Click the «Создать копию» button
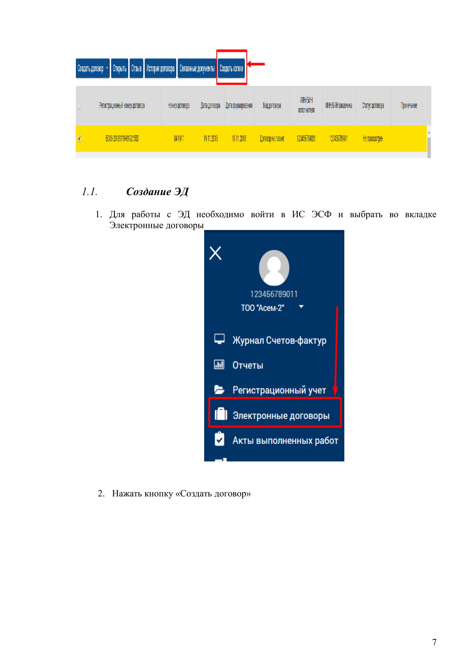click(x=231, y=68)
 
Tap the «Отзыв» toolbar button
click(x=136, y=68)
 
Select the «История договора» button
click(x=160, y=68)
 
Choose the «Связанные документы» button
click(x=197, y=68)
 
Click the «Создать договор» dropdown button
click(x=92, y=68)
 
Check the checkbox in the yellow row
click(x=79, y=138)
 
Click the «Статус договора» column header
click(x=373, y=105)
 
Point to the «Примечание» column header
click(x=409, y=105)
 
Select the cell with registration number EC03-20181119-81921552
click(x=122, y=138)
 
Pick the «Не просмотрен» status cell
click(x=373, y=139)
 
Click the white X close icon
click(x=215, y=253)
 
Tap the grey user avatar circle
click(x=274, y=268)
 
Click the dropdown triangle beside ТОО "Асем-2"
click(x=301, y=306)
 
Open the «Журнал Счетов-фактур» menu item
click(x=279, y=340)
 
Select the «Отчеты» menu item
click(x=248, y=365)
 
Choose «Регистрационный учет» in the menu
click(x=279, y=390)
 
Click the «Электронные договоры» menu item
click(x=281, y=415)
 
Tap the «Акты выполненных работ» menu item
click(x=285, y=440)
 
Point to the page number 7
click(x=434, y=642)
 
